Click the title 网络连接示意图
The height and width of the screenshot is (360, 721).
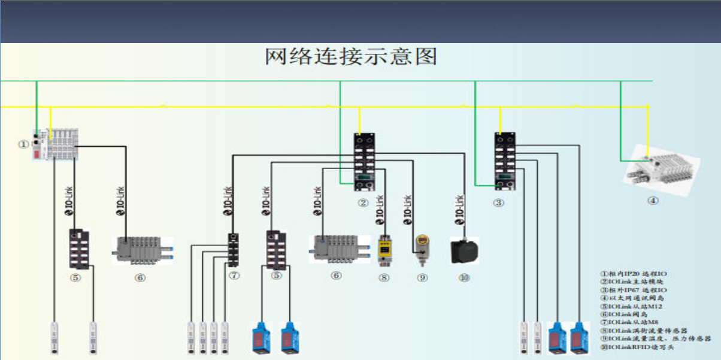pos(351,57)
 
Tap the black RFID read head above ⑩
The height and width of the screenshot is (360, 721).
pos(464,251)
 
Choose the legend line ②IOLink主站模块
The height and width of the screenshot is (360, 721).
pos(632,282)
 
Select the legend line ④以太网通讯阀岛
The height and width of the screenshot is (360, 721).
pos(632,298)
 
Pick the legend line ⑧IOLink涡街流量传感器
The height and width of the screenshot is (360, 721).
pos(644,331)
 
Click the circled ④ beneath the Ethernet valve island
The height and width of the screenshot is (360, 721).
pos(653,201)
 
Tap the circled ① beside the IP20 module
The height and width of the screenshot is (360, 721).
pos(23,144)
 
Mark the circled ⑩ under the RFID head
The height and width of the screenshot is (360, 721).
pos(464,277)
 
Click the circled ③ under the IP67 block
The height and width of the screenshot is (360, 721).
pos(499,202)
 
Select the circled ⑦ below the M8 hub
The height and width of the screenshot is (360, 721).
pos(234,276)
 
